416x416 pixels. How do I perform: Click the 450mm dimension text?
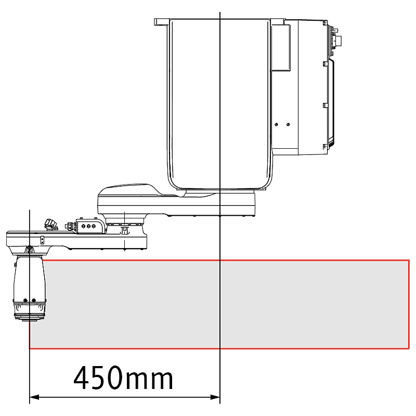click(x=123, y=378)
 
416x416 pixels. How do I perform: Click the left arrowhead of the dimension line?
click(x=34, y=397)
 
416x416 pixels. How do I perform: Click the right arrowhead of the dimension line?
click(x=215, y=397)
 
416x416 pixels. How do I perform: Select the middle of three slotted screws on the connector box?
click(x=88, y=226)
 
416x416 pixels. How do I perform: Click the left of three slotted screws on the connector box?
click(x=83, y=226)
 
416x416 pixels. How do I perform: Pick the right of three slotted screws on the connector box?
click(x=94, y=226)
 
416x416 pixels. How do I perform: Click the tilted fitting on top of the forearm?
click(x=51, y=224)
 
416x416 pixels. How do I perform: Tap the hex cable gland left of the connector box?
click(x=69, y=226)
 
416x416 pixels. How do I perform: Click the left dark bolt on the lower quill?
click(x=25, y=301)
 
